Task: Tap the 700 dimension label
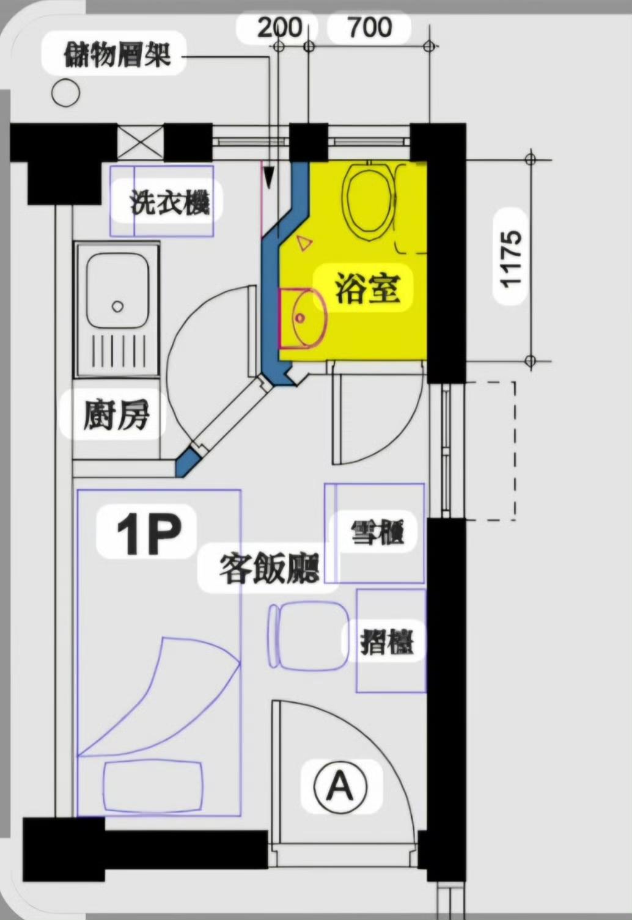[370, 28]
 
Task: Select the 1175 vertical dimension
[510, 259]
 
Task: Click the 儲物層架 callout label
[117, 54]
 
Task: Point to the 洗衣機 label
[170, 202]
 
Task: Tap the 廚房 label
[116, 415]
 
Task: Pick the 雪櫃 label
[377, 533]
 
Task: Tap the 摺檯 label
[387, 643]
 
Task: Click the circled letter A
[340, 785]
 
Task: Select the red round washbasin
[302, 318]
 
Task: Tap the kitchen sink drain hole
[117, 306]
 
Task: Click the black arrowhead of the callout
[268, 177]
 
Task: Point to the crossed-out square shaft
[141, 143]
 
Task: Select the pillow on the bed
[152, 787]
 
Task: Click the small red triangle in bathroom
[304, 243]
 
